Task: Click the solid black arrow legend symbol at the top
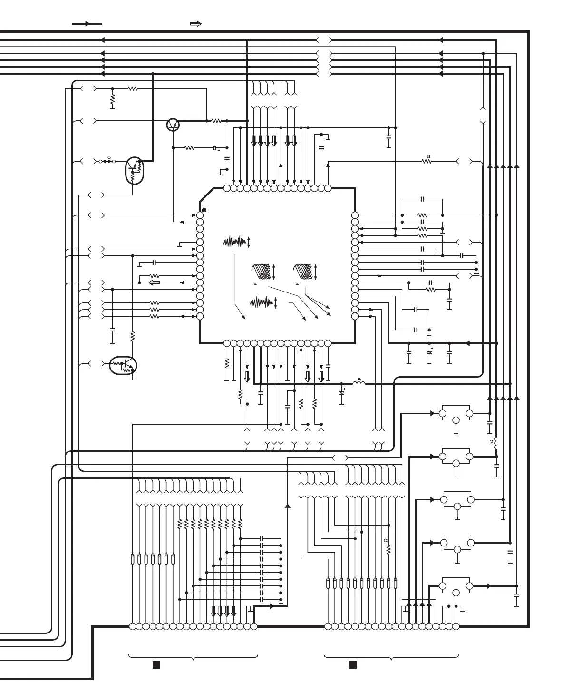87,23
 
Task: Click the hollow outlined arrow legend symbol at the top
195,23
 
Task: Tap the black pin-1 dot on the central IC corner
204,210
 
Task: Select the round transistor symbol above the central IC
173,125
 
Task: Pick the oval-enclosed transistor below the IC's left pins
123,366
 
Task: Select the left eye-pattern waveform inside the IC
261,272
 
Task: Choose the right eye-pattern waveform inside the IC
302,272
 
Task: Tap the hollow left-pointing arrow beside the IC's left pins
154,283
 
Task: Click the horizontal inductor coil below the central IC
359,383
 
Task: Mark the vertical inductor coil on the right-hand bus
496,443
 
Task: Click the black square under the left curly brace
156,665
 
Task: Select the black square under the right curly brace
353,665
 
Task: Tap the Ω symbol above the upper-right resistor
428,156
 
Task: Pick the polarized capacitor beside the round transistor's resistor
215,148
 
